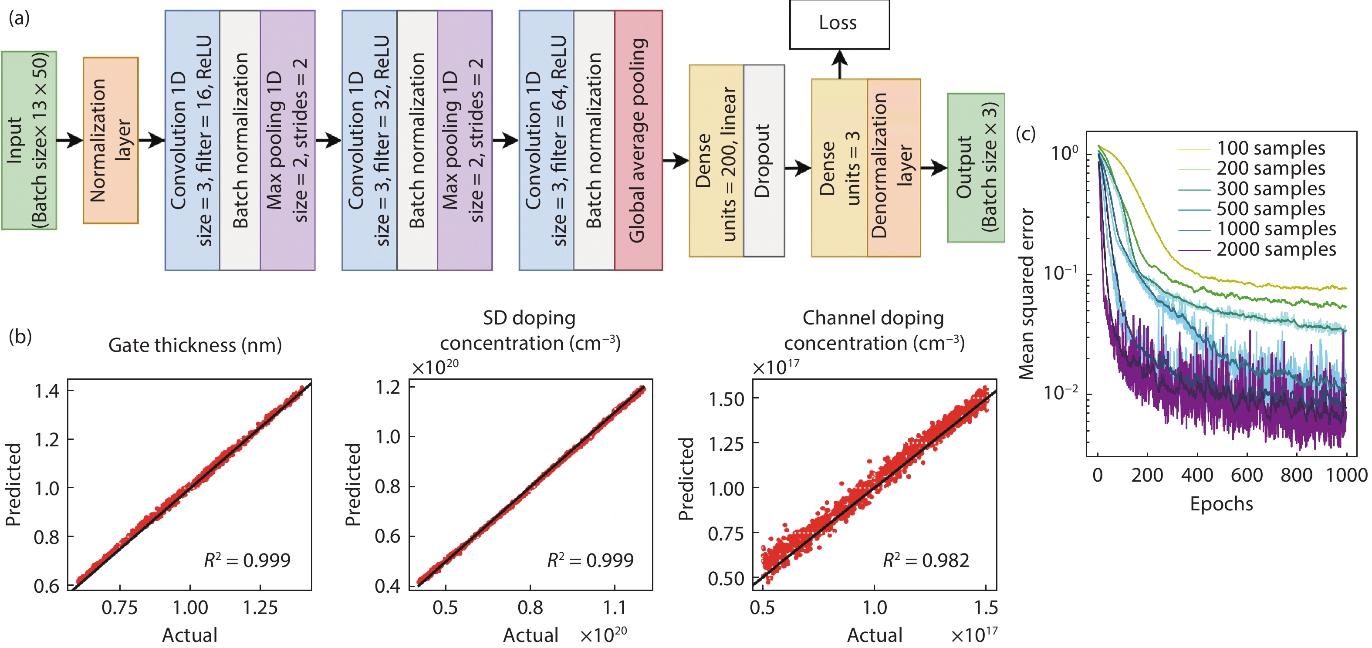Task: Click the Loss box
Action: coord(839,24)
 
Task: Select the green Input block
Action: coord(29,140)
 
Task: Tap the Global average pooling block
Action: coord(638,140)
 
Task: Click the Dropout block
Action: coord(764,161)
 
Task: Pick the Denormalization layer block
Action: coord(893,167)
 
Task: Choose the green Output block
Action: coord(976,167)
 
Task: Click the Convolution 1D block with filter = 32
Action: coord(369,140)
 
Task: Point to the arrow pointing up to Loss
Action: coord(839,64)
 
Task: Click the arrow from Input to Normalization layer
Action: coord(70,141)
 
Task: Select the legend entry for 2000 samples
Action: coord(1276,249)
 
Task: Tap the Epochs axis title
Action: coord(1221,504)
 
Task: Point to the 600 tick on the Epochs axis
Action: coord(1246,475)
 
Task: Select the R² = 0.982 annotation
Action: coord(926,560)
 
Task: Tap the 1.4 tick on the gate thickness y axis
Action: coord(47,391)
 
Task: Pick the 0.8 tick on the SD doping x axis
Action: coord(530,607)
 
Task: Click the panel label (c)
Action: coord(1025,133)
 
